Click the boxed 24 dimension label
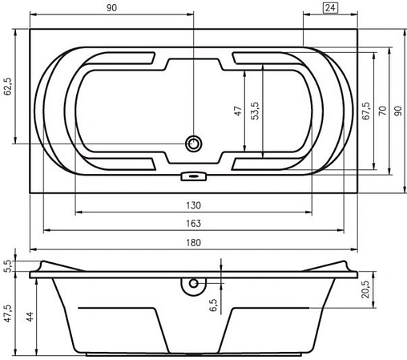pos(330,8)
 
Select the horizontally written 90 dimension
pos(111,7)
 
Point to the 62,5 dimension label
pos(8,87)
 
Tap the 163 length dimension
pos(193,224)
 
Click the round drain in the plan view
pos(193,144)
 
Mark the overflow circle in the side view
pos(192,284)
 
